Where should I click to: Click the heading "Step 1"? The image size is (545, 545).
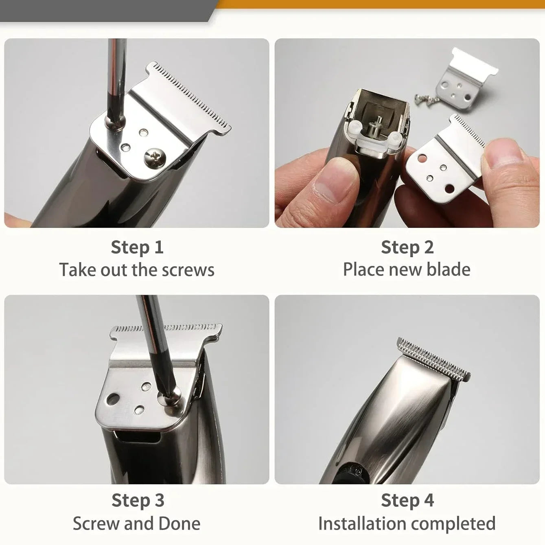pyautogui.click(x=137, y=247)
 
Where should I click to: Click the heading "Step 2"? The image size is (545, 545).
pyautogui.click(x=407, y=247)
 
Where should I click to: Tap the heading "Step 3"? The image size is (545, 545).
pyautogui.click(x=138, y=501)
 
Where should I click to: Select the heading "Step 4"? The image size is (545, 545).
pyautogui.click(x=407, y=501)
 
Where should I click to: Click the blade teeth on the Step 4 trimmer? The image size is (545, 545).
pyautogui.click(x=433, y=360)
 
